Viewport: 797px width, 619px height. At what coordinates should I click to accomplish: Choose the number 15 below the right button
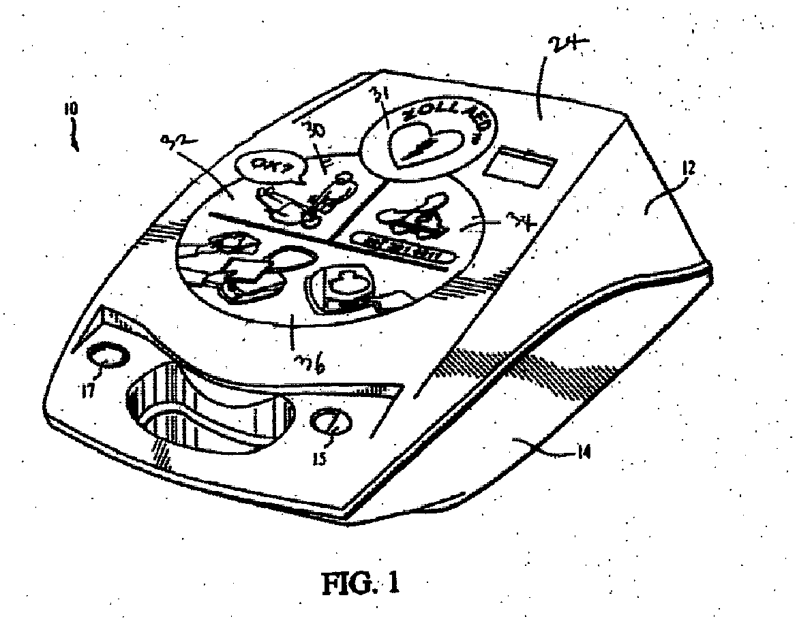pyautogui.click(x=319, y=458)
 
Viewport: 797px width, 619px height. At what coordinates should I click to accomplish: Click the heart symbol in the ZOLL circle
pyautogui.click(x=424, y=146)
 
